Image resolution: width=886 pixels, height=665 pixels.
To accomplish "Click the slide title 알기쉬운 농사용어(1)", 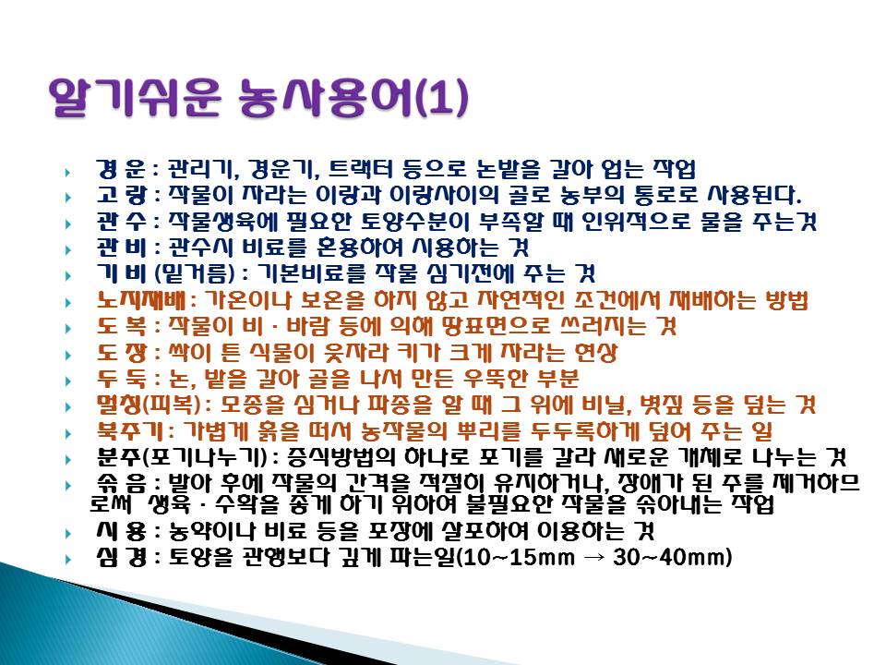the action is (x=258, y=98).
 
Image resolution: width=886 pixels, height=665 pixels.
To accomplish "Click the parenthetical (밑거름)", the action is (x=195, y=273).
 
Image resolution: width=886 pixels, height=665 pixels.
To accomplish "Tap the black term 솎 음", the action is (x=122, y=483).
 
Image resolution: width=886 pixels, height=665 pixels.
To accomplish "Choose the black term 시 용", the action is (x=122, y=531).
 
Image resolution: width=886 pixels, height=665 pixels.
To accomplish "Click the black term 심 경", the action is (x=122, y=558).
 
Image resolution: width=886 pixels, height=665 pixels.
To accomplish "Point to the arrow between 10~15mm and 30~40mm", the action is (x=593, y=558).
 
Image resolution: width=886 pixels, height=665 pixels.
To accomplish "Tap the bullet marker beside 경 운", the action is (x=68, y=172).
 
